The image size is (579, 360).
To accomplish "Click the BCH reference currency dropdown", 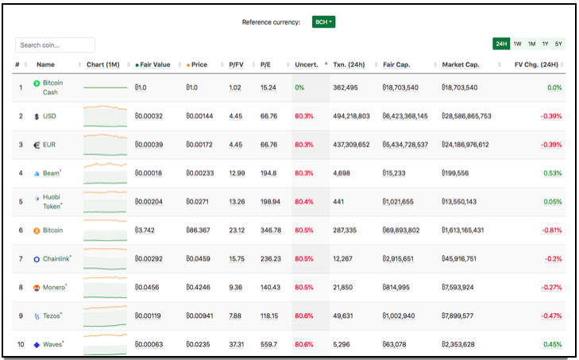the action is [x=323, y=21].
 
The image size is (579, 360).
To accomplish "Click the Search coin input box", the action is [x=55, y=45].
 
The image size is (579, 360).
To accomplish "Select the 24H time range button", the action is [x=501, y=44].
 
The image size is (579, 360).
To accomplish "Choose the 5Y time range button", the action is [x=558, y=44].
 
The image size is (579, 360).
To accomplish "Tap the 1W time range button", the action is [x=517, y=44].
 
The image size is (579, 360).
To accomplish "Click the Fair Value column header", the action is [x=152, y=64].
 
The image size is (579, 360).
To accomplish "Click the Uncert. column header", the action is [x=307, y=64].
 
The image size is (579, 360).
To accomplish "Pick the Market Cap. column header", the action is [x=461, y=64].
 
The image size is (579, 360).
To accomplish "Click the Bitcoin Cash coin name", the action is [x=52, y=87].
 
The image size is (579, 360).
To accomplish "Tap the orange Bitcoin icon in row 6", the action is [x=37, y=230].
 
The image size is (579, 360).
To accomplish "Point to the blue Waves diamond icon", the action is [x=37, y=345].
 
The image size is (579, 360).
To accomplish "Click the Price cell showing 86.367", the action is [x=198, y=230].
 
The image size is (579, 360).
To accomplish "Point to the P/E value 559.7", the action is [x=268, y=344].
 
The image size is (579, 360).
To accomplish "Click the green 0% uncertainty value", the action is [x=299, y=87].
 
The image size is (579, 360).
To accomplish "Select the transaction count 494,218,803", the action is [x=351, y=116].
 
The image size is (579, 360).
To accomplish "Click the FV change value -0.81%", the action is [x=552, y=230].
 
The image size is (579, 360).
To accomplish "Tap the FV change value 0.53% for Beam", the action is [x=553, y=173].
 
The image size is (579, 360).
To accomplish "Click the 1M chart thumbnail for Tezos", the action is [x=106, y=316].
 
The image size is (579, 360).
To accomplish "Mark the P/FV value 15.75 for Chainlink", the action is [x=237, y=259].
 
